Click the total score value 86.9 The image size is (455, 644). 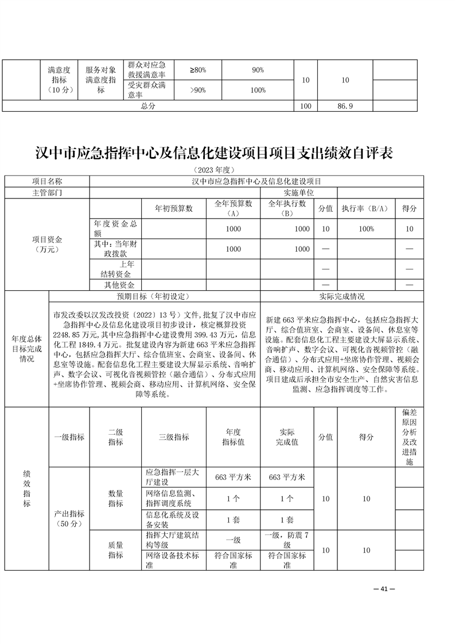point(345,107)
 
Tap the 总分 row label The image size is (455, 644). point(148,107)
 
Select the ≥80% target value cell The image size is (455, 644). point(197,70)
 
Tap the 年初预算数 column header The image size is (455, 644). point(174,208)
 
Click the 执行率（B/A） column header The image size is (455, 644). point(363,208)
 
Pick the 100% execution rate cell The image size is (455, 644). point(363,229)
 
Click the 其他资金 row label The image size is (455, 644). point(119,285)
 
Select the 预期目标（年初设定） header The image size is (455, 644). point(154,296)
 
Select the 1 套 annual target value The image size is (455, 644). point(233,520)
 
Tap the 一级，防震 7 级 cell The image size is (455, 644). point(287,540)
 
